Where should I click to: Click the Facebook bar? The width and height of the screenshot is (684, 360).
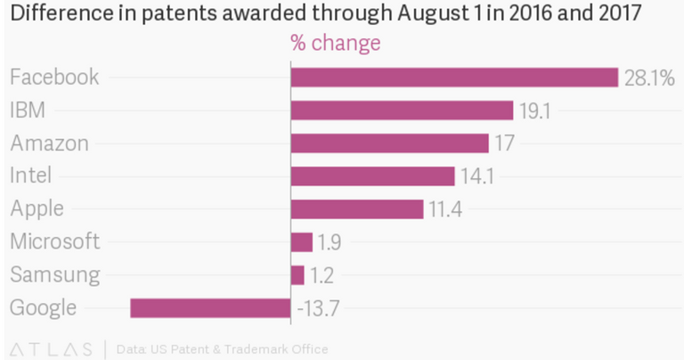[x=454, y=78]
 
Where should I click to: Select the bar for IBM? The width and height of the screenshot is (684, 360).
[x=402, y=110]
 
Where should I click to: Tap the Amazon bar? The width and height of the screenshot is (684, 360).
[x=389, y=143]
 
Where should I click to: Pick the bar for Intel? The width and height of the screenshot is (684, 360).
[x=372, y=176]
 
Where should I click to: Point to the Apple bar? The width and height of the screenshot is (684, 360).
[x=356, y=209]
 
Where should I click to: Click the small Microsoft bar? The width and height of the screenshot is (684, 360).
[x=302, y=242]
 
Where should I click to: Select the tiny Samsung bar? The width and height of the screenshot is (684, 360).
[x=297, y=275]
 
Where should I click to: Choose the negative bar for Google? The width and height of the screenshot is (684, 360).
[x=210, y=308]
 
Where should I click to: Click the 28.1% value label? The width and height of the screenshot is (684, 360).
[x=648, y=78]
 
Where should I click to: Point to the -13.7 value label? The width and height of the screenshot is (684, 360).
[x=318, y=309]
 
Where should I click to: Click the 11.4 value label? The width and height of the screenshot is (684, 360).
[x=445, y=209]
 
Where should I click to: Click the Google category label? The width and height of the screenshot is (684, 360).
[x=43, y=308]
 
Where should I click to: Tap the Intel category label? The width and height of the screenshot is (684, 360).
[x=31, y=176]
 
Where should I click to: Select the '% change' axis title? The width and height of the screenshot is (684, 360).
[x=335, y=44]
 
